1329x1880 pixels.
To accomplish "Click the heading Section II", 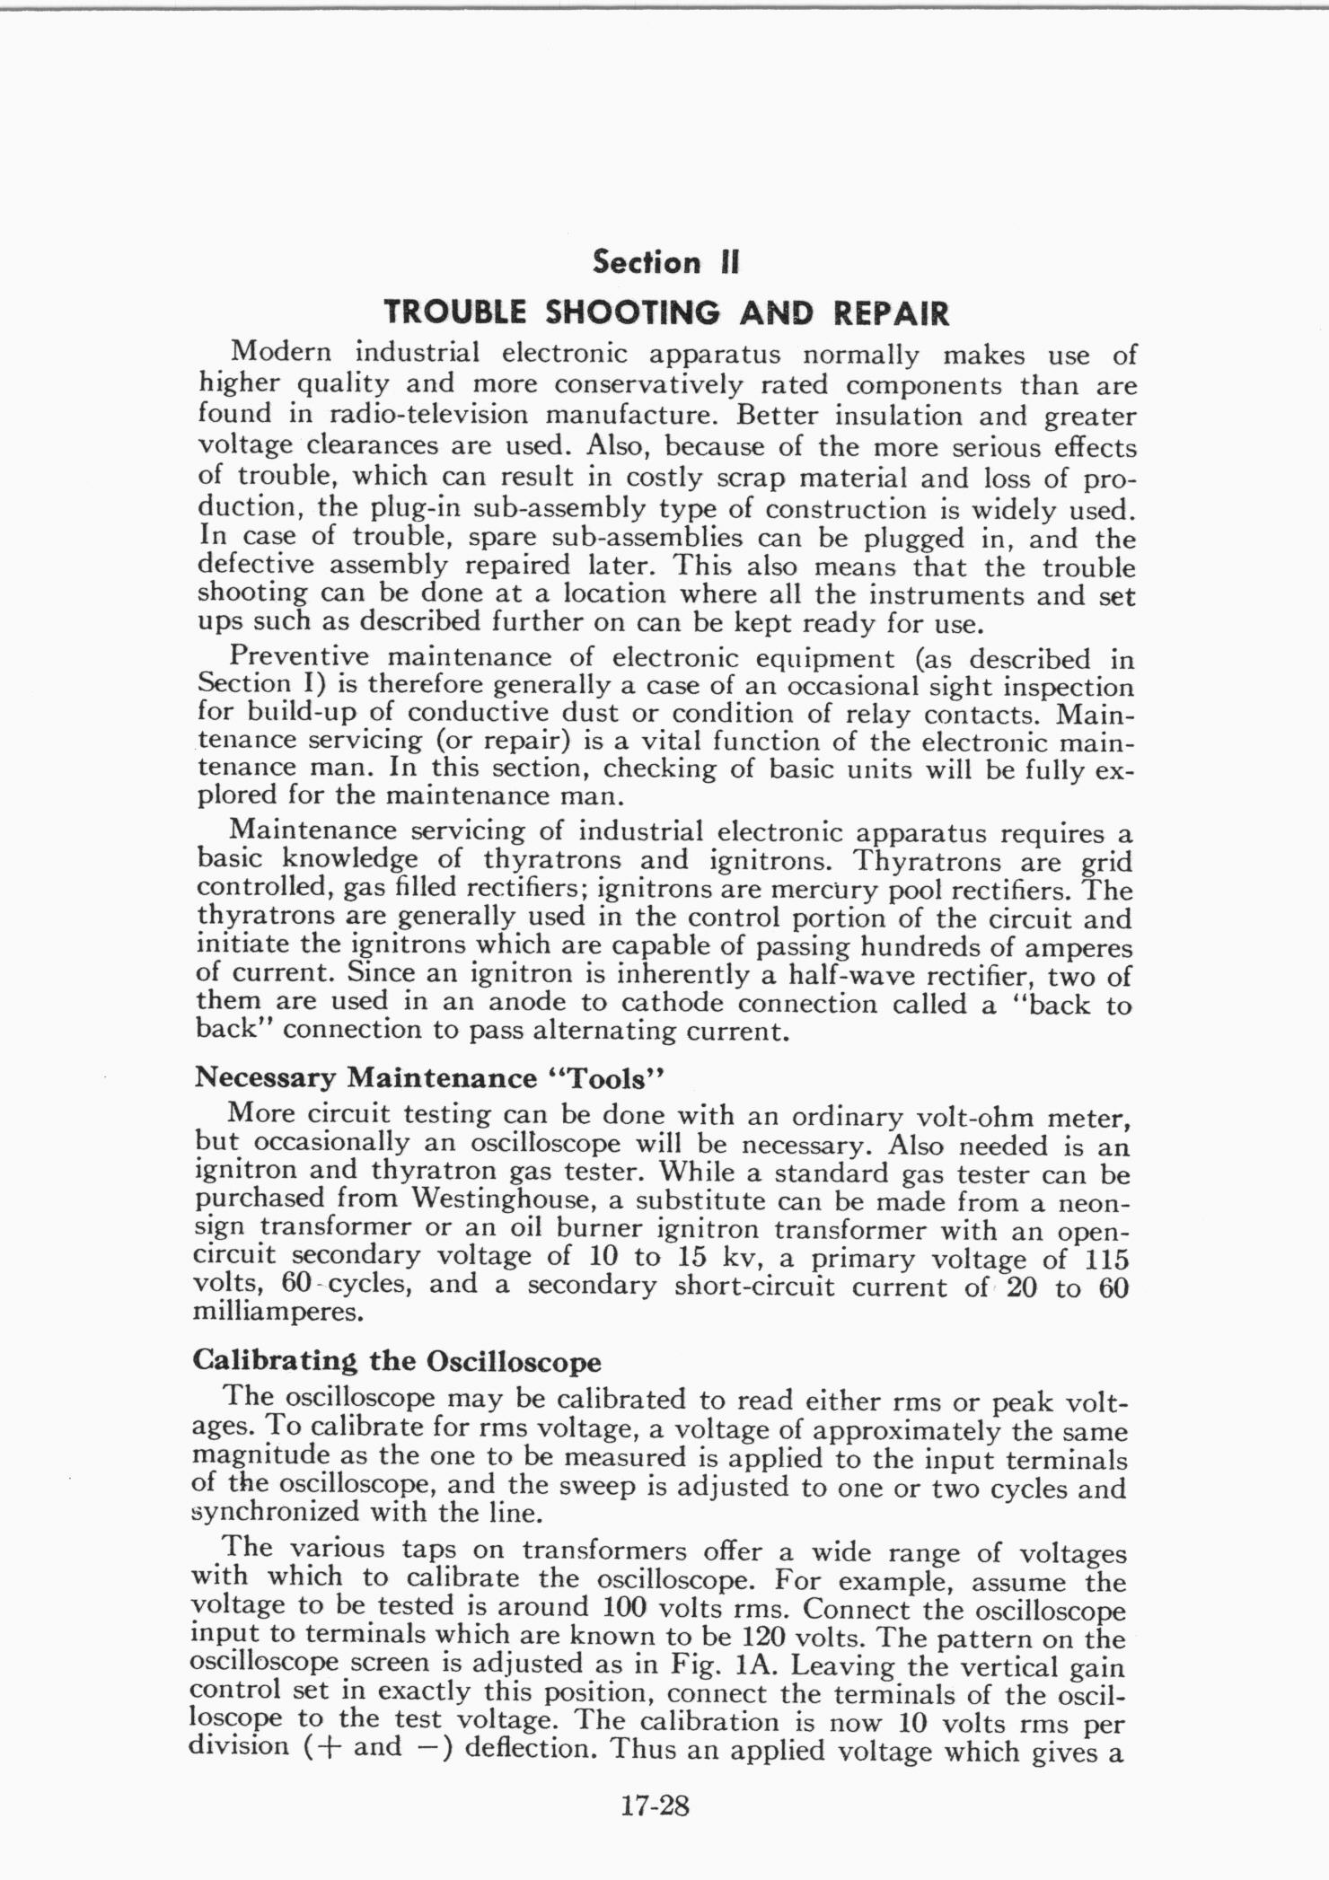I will pos(665,262).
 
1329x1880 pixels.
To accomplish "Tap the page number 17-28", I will pos(655,1805).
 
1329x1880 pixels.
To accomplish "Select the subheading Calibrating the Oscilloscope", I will pos(396,1361).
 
